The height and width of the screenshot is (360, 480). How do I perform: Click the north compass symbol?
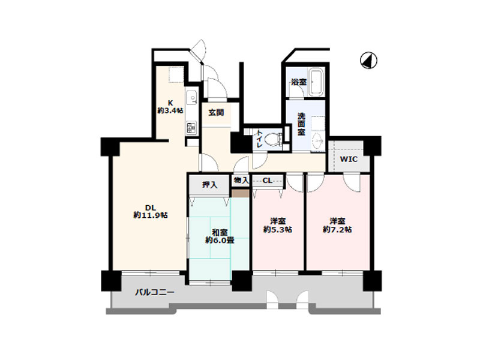point(368,61)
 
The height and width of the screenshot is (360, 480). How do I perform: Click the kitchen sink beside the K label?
point(192,98)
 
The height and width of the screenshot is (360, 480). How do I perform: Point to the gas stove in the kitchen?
point(191,127)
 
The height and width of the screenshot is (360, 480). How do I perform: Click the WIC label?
point(349,160)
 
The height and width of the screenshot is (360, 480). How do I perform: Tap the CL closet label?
point(267,181)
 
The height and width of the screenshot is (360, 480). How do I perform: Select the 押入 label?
point(209,185)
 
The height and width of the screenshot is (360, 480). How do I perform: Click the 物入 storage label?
point(241,181)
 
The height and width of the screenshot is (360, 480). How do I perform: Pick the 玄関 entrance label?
point(216,113)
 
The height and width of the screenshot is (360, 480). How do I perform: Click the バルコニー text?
point(155,292)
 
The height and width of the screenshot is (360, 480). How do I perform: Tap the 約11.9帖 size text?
point(151,215)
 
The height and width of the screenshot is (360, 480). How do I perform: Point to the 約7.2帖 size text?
point(337,229)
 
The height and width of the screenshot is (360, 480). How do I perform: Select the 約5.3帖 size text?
point(278,229)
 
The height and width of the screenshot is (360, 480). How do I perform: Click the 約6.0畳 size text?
point(220,241)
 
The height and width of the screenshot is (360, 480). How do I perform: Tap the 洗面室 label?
point(301,124)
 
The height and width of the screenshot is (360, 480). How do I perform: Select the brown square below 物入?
point(241,193)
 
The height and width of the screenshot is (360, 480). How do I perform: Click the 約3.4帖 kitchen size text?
point(170,110)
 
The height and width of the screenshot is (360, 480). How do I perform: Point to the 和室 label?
point(220,232)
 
